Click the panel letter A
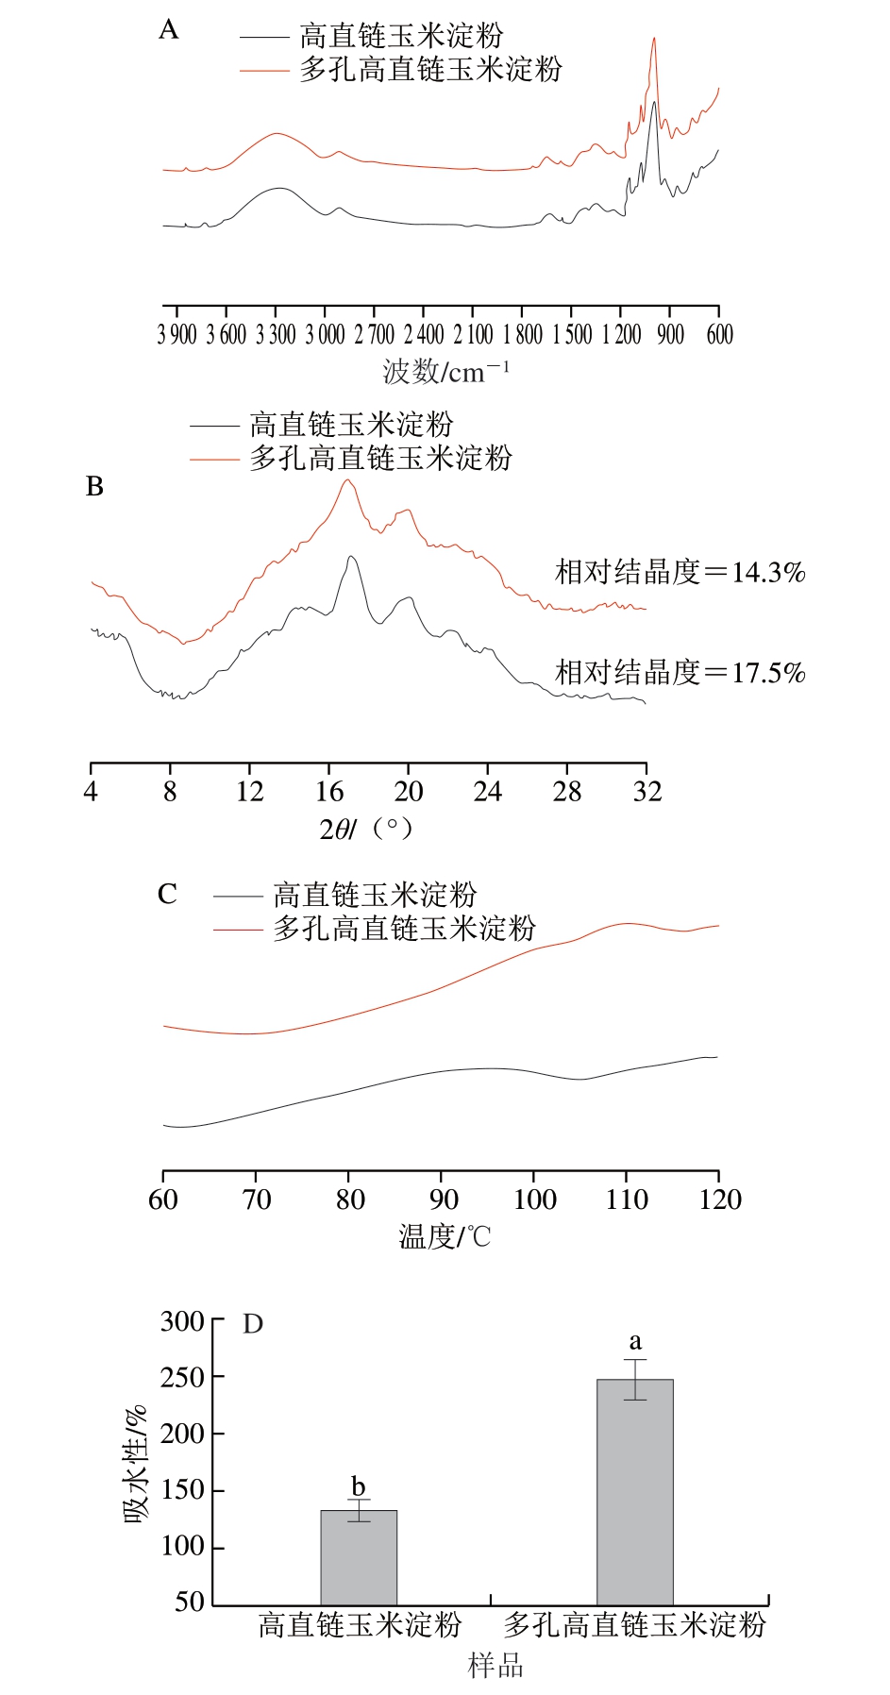(x=168, y=30)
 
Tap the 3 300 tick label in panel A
(x=276, y=335)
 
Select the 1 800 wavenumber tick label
(x=523, y=335)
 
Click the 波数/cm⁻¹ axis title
(x=445, y=371)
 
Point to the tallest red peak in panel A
(x=654, y=40)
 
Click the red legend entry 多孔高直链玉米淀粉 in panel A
(x=430, y=69)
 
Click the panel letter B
(x=94, y=487)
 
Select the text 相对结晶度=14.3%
(x=680, y=572)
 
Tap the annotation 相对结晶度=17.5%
(x=680, y=673)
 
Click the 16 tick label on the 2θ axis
(x=329, y=791)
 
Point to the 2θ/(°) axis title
(x=366, y=829)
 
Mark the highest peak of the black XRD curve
(x=351, y=558)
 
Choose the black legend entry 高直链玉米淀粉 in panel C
(x=375, y=894)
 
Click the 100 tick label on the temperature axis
(x=535, y=1200)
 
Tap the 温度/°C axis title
(x=445, y=1236)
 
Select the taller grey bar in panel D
(x=635, y=1491)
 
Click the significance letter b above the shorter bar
(x=358, y=1487)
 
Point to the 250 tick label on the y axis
(x=182, y=1378)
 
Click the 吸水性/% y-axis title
(x=136, y=1464)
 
